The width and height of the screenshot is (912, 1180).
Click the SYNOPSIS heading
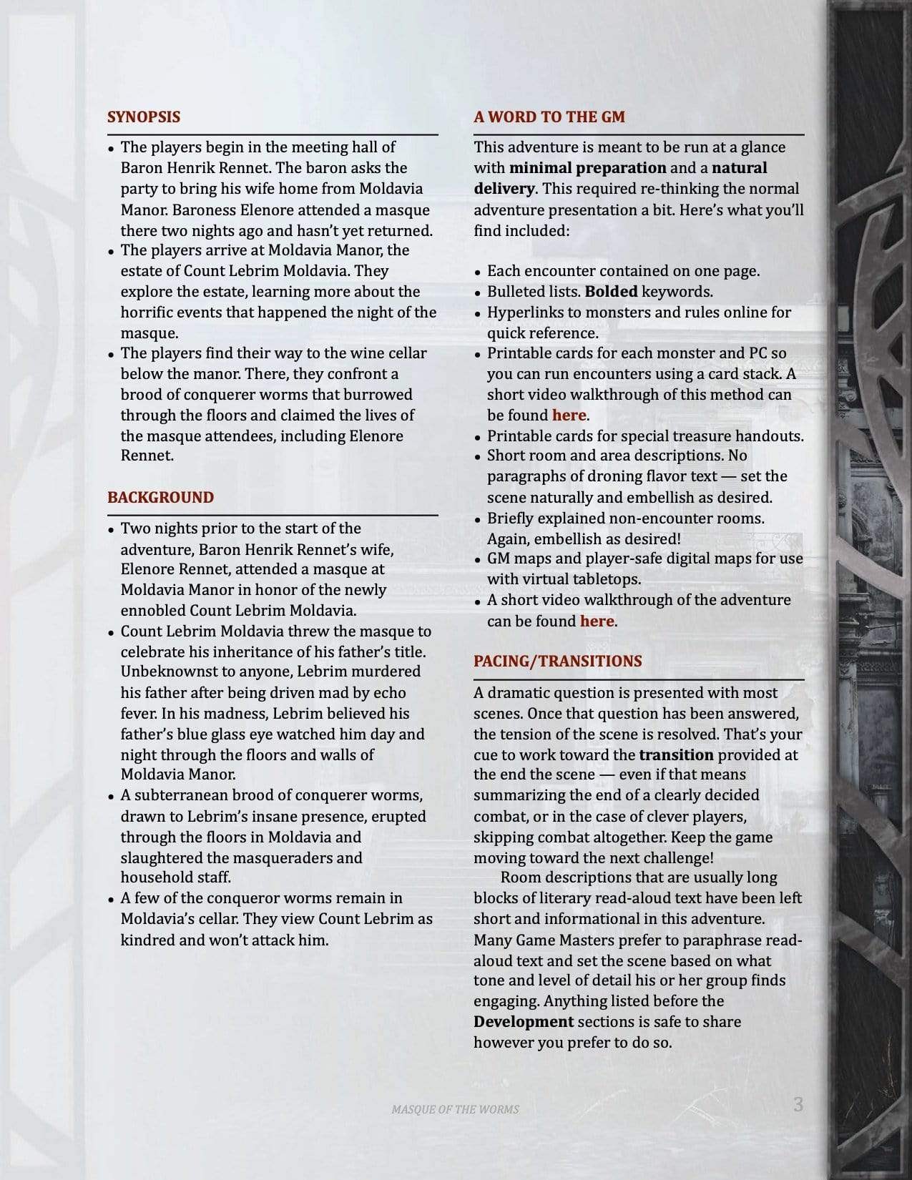143,117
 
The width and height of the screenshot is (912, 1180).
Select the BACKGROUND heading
160,498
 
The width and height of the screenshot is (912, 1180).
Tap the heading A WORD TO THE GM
549,117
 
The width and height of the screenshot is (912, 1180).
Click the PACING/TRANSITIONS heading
557,662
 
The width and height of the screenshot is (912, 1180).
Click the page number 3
798,1105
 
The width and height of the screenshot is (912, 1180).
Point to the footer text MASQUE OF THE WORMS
455,1109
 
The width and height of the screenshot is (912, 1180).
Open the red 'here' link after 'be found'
569,416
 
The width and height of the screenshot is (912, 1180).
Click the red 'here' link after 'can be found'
597,621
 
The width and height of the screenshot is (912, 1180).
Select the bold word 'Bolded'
611,292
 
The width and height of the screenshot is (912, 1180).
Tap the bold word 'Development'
523,1022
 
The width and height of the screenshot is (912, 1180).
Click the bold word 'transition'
676,754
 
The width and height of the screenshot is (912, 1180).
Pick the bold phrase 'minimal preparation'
587,168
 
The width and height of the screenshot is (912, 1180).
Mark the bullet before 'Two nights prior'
111,531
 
